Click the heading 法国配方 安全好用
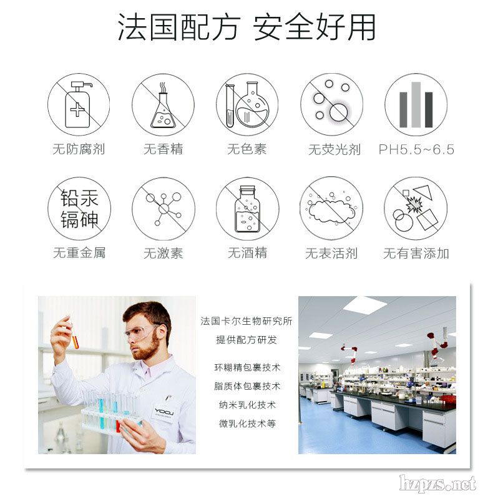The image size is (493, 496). [x=246, y=27]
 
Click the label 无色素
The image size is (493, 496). [x=247, y=149]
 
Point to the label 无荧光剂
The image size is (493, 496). [x=334, y=149]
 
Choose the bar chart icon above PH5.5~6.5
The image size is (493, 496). [x=416, y=105]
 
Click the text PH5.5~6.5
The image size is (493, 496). [x=416, y=149]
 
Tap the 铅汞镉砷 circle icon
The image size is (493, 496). [x=79, y=209]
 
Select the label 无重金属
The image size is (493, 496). [x=79, y=253]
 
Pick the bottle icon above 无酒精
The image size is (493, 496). [x=248, y=209]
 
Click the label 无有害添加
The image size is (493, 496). [x=416, y=254]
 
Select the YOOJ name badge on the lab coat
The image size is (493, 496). [x=164, y=412]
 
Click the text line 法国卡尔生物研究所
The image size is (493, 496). [x=246, y=321]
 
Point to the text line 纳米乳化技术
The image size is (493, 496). [x=247, y=405]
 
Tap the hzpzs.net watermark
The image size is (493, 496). [x=437, y=484]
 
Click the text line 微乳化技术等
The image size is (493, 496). [x=247, y=424]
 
